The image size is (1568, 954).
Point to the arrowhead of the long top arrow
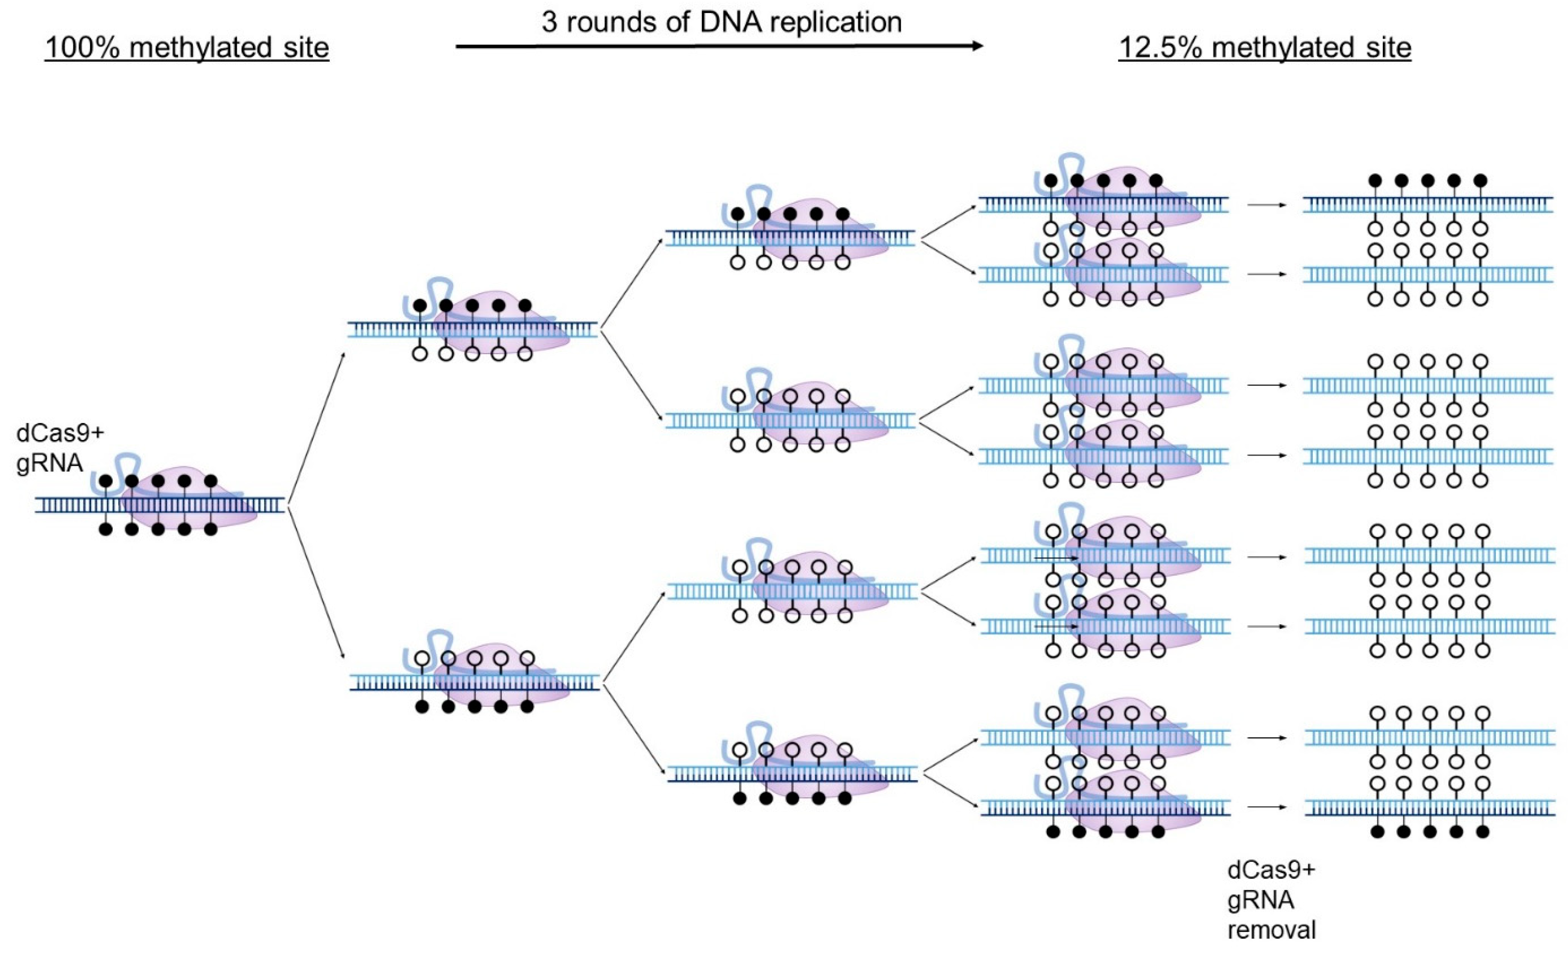[x=977, y=46]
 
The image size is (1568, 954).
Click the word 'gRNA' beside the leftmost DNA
[x=50, y=462]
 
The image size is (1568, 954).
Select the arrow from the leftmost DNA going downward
[x=316, y=582]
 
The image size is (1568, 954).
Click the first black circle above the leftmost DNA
[x=106, y=481]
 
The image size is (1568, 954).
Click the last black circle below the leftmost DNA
[x=211, y=529]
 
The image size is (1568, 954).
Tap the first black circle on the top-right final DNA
[x=1375, y=180]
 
